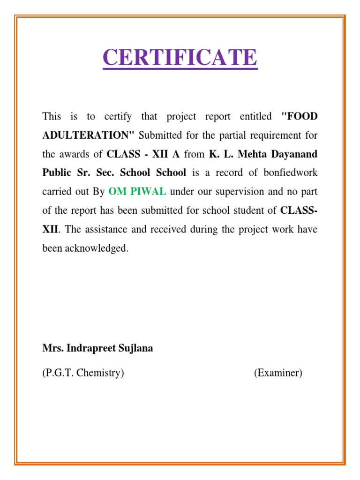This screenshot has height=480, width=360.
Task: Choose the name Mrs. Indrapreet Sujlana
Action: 97,348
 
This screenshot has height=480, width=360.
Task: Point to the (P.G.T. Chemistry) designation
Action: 83,373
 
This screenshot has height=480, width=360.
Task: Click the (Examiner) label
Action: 278,373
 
